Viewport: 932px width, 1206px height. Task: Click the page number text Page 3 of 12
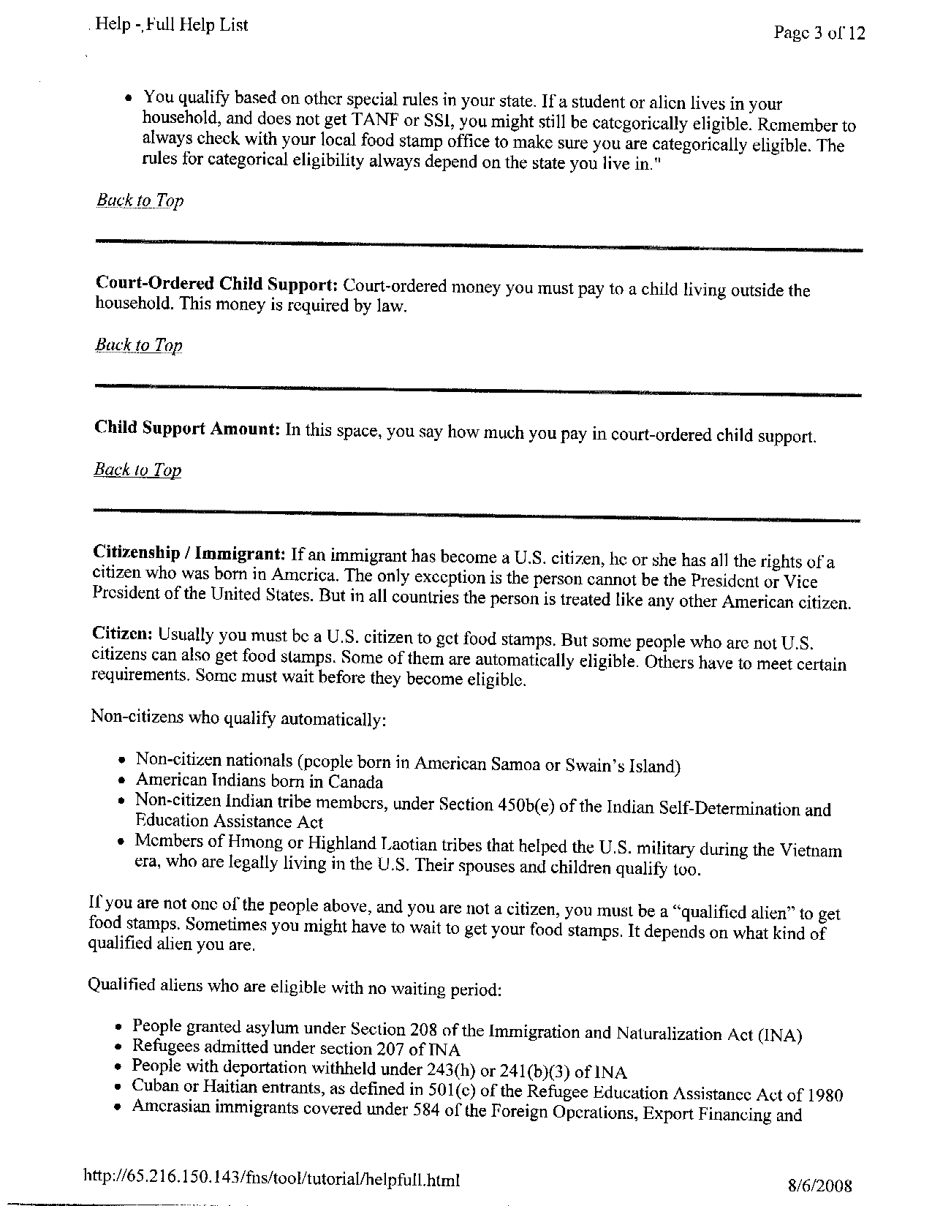point(819,33)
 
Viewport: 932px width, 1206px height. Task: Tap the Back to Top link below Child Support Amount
point(137,470)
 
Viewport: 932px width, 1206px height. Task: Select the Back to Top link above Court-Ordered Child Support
point(140,200)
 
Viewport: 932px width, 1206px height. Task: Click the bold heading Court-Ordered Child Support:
point(216,284)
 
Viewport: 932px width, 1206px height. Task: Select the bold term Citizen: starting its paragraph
point(121,633)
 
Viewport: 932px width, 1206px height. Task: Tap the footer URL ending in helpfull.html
point(272,1179)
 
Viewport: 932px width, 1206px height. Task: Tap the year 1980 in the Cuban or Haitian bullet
point(825,1096)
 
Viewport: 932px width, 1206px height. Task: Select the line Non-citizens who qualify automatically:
point(238,718)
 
